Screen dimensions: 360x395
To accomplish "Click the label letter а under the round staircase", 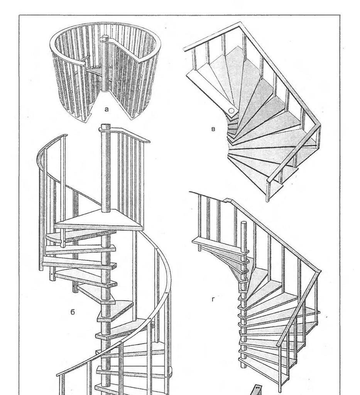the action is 106,109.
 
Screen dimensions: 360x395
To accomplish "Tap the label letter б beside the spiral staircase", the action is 73,312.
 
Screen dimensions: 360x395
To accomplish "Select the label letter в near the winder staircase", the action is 213,129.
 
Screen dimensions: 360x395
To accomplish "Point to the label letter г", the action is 213,299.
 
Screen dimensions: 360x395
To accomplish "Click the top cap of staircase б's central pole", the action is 106,126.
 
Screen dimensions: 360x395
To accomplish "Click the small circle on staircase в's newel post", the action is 231,110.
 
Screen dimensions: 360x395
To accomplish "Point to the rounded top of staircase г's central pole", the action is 243,223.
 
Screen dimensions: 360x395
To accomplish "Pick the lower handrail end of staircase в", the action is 269,179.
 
